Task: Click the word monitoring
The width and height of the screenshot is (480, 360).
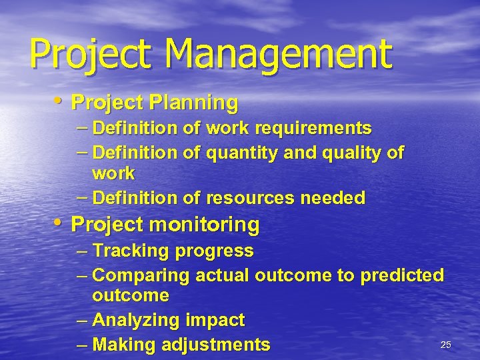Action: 205,225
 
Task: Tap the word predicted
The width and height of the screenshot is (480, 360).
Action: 402,275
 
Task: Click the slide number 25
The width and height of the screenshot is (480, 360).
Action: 446,345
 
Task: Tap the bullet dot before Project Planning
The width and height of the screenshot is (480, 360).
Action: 60,101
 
